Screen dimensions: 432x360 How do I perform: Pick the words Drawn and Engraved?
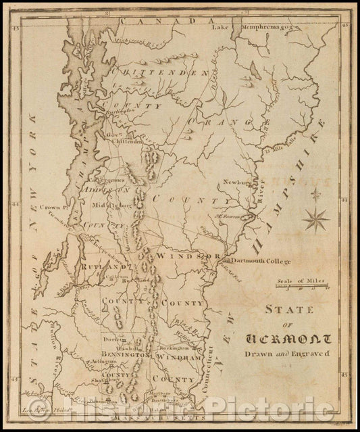click(x=292, y=353)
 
